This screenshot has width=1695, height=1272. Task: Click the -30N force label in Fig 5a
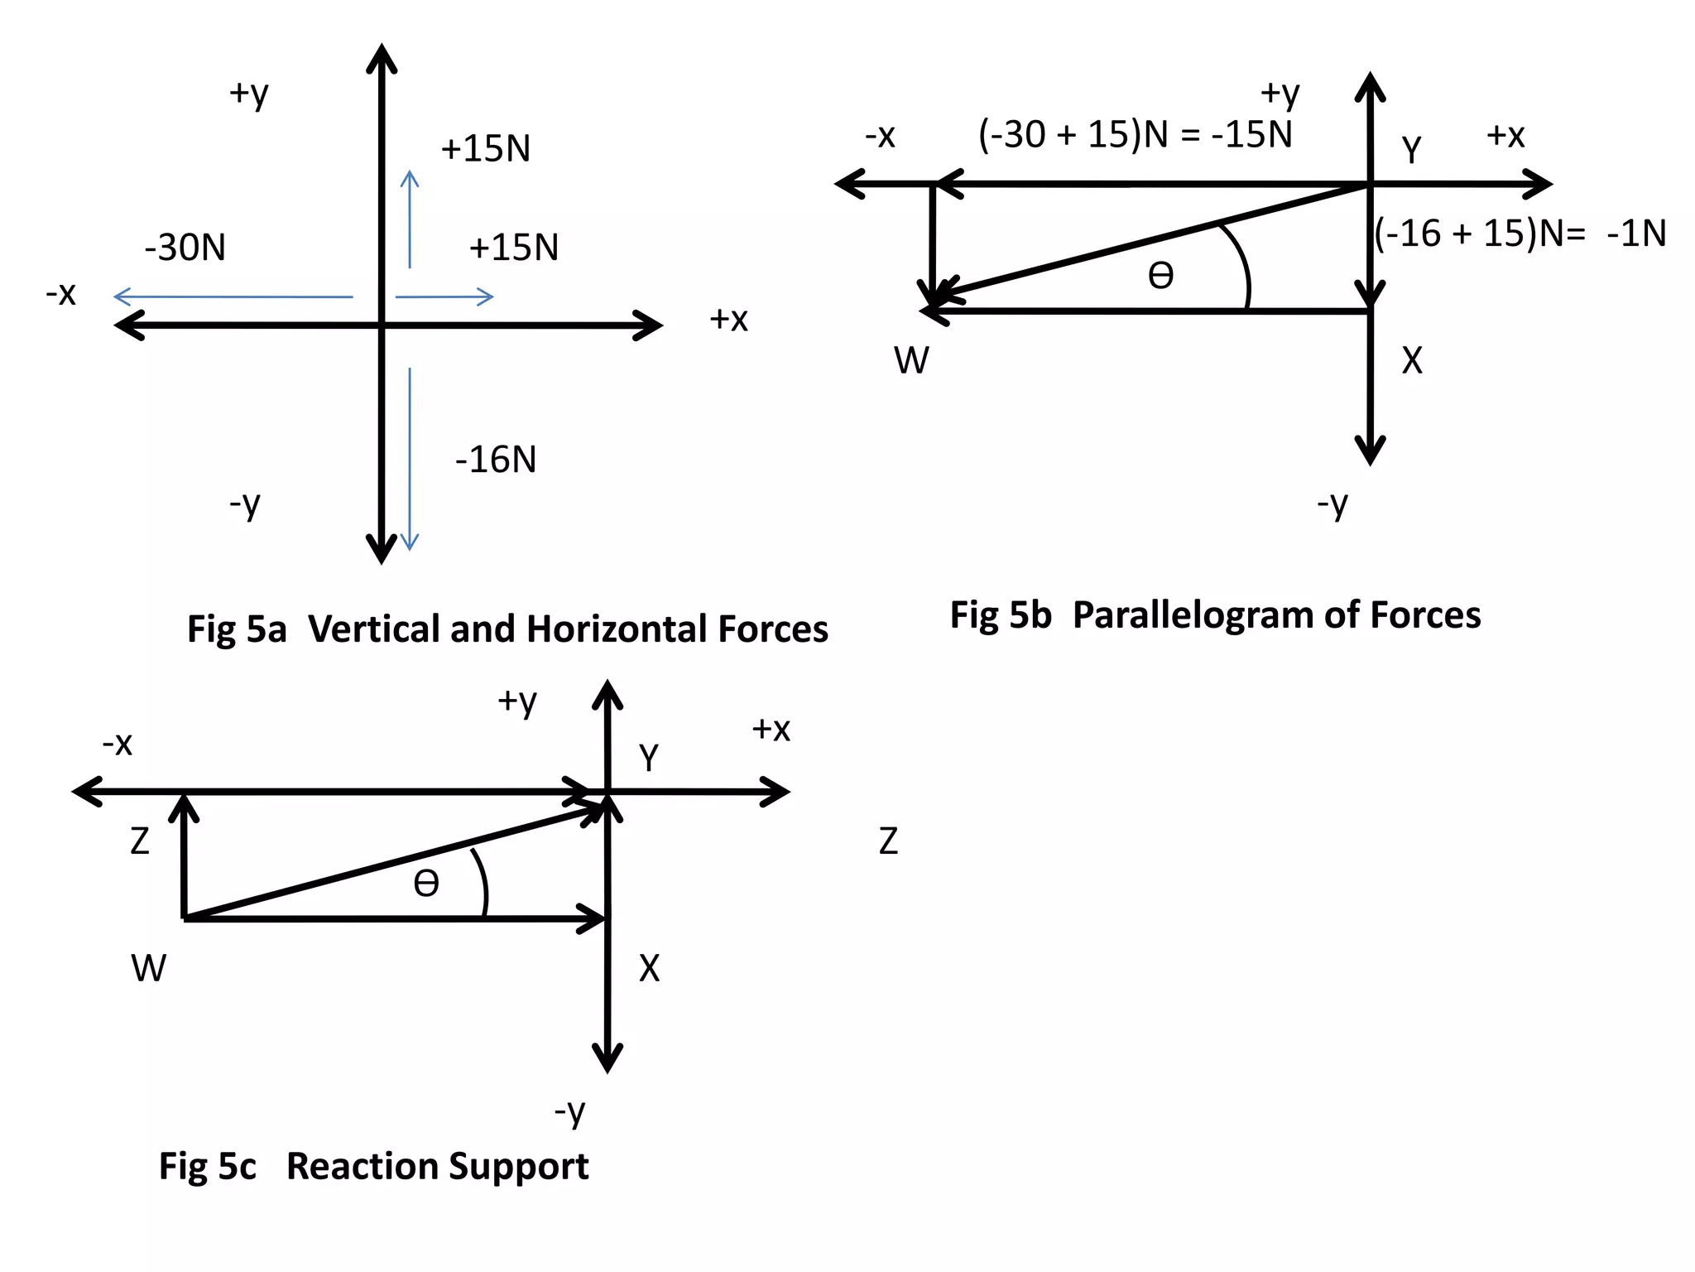(185, 248)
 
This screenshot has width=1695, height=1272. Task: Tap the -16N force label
(496, 460)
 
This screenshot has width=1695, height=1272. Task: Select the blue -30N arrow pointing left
(233, 296)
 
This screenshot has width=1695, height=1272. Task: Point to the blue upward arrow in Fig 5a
(410, 219)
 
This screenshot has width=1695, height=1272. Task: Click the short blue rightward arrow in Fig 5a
(444, 296)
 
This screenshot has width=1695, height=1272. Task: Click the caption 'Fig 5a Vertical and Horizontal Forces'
(507, 629)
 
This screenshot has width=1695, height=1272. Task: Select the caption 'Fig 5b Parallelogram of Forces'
(1215, 615)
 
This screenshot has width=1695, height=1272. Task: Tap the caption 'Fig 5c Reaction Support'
(373, 1166)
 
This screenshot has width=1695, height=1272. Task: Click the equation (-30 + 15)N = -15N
(1135, 134)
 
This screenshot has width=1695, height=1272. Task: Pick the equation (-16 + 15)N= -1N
(1520, 234)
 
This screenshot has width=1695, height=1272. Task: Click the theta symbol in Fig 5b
(1160, 276)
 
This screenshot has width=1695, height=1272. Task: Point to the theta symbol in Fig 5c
(426, 884)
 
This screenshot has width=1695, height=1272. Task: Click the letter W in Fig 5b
(911, 361)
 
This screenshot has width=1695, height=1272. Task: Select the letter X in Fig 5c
(650, 968)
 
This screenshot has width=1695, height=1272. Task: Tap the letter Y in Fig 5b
(1411, 150)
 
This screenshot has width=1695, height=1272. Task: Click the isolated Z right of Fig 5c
(888, 841)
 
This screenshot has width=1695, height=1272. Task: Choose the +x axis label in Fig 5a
(728, 320)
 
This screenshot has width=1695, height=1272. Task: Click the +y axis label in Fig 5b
(1280, 93)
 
